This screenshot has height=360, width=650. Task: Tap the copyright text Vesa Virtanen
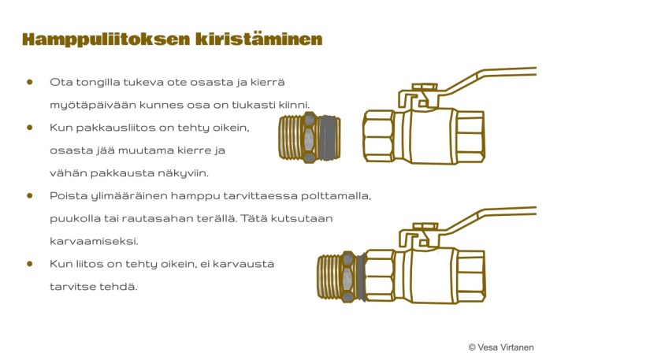(x=505, y=347)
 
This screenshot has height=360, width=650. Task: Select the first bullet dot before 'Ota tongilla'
(x=29, y=82)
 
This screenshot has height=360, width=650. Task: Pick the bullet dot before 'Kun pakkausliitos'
(x=29, y=127)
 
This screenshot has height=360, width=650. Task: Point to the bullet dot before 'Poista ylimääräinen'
(x=29, y=195)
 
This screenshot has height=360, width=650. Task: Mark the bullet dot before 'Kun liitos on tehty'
(x=29, y=263)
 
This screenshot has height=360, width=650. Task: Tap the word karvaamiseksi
(x=94, y=241)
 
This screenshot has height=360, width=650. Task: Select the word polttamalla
(x=336, y=195)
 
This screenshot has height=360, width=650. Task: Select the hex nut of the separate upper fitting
(x=310, y=137)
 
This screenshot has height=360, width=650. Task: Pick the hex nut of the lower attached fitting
(x=348, y=276)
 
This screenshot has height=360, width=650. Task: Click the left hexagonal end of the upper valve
(x=378, y=135)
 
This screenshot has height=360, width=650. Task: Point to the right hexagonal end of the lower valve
(x=470, y=276)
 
